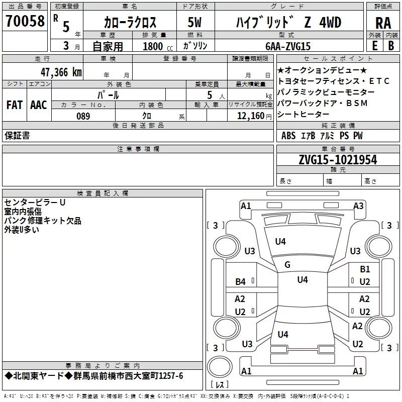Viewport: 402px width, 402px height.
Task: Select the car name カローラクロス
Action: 130,23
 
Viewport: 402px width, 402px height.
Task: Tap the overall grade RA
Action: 383,23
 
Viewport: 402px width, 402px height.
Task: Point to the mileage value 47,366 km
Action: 59,71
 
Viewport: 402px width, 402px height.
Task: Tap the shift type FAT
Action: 15,105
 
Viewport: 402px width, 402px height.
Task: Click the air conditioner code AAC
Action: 38,105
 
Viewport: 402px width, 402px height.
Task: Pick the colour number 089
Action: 83,116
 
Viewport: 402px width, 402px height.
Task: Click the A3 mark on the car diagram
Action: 358,206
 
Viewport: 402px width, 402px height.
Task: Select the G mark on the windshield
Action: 287,265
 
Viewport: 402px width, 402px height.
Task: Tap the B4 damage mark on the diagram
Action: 241,282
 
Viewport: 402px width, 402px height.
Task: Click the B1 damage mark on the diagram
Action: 365,269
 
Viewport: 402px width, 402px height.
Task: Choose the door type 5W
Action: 195,23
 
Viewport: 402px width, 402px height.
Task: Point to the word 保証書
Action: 17,136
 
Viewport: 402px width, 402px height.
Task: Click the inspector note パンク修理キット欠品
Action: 43,221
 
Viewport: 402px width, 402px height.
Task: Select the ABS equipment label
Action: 288,136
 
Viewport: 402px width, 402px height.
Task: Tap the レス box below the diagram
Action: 220,385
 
